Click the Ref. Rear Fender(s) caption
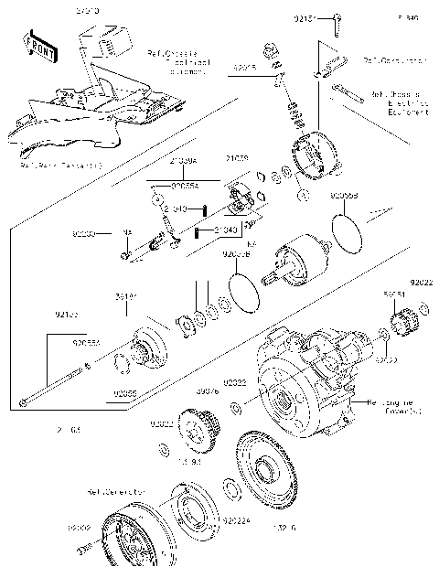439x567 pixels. [x=59, y=166]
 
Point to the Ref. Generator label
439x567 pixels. [x=116, y=492]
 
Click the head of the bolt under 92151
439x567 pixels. [x=337, y=19]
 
